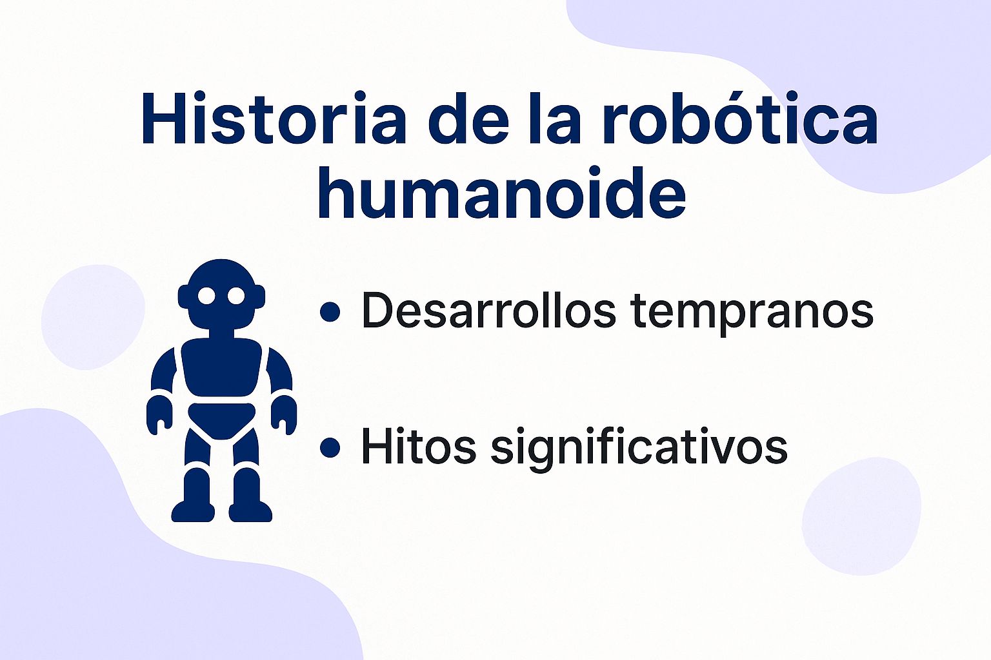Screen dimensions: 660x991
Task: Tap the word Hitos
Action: click(418, 445)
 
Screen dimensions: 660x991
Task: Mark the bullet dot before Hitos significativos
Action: click(330, 447)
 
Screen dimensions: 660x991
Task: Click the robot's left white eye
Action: click(206, 296)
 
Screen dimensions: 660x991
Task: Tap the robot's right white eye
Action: click(236, 296)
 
